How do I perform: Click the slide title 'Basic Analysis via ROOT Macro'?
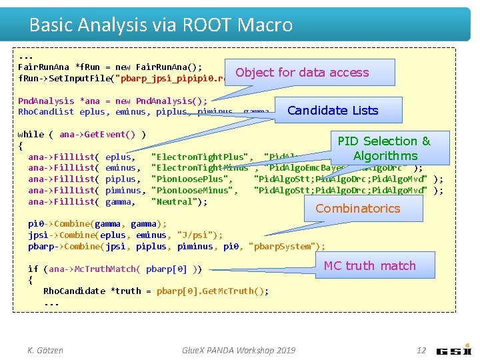click(161, 25)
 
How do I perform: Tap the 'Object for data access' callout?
click(302, 73)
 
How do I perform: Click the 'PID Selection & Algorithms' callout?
click(385, 149)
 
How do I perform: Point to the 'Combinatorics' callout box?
click(358, 208)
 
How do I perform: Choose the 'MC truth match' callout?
click(369, 265)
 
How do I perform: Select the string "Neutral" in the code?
click(179, 202)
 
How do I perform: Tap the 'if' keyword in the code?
click(33, 269)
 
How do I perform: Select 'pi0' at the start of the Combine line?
click(35, 223)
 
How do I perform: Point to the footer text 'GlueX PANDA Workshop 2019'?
click(238, 350)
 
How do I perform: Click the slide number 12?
click(421, 350)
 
